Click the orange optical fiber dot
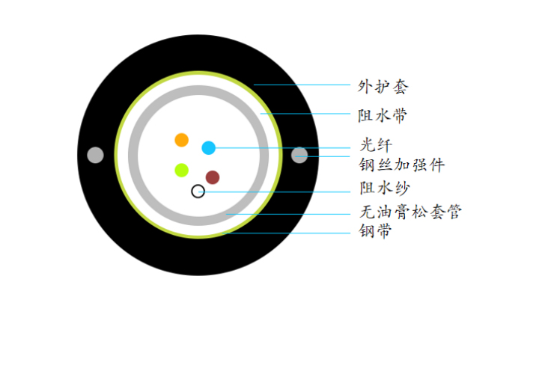tap(182, 140)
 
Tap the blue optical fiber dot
tap(208, 148)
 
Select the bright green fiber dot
tap(182, 171)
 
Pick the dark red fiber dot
tap(213, 177)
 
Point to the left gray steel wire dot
tap(95, 155)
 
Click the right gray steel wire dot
tap(299, 155)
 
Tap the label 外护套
tap(383, 87)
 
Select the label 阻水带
tap(383, 116)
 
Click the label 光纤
tap(376, 145)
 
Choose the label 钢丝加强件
tap(402, 165)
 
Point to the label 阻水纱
tap(384, 188)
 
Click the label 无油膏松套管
tap(410, 212)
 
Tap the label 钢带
tap(376, 231)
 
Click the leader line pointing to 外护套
tap(302, 85)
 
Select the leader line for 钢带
tap(286, 233)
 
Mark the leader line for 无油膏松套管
tap(288, 214)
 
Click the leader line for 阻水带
tap(305, 114)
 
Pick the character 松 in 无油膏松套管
tap(419, 212)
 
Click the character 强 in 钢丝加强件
tap(419, 165)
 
